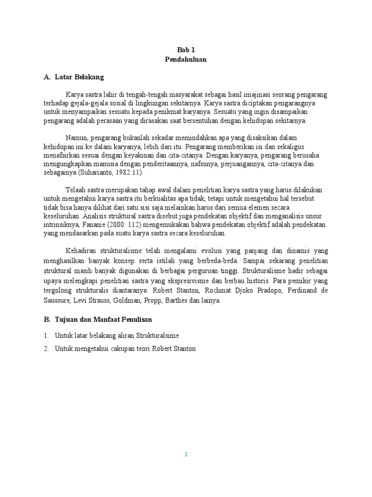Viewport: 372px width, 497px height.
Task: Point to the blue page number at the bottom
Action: [x=186, y=454]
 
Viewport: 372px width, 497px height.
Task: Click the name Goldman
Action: [x=139, y=300]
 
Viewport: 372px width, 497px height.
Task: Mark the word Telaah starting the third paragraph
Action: [x=77, y=190]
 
